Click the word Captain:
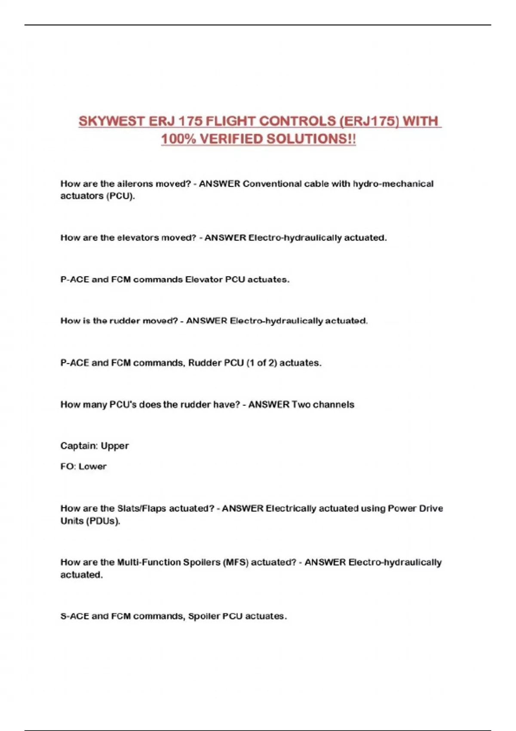[x=79, y=445]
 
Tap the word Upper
[x=115, y=446]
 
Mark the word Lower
[x=92, y=466]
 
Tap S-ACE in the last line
[x=74, y=616]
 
